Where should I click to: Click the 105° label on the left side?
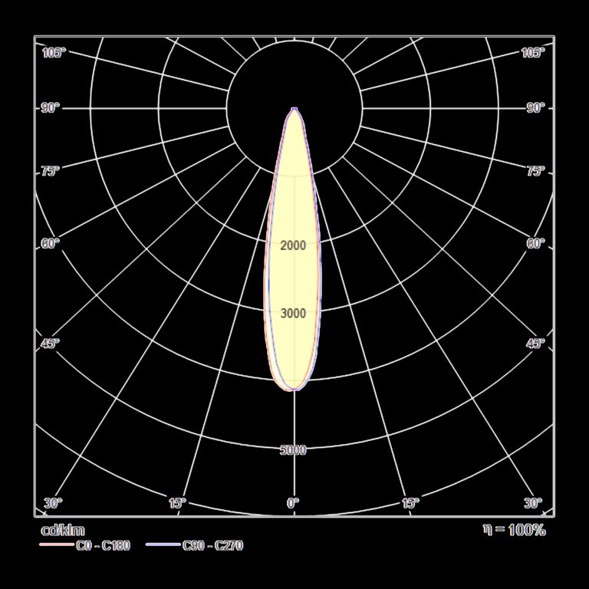(54, 53)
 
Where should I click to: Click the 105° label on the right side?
(533, 53)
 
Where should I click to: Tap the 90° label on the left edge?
(51, 108)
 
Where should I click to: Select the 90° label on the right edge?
(535, 108)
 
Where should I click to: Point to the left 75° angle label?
(51, 171)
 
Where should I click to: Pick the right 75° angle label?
(535, 171)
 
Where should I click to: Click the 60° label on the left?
(51, 244)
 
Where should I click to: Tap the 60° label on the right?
(535, 244)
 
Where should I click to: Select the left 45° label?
(51, 344)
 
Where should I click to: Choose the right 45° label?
(535, 344)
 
